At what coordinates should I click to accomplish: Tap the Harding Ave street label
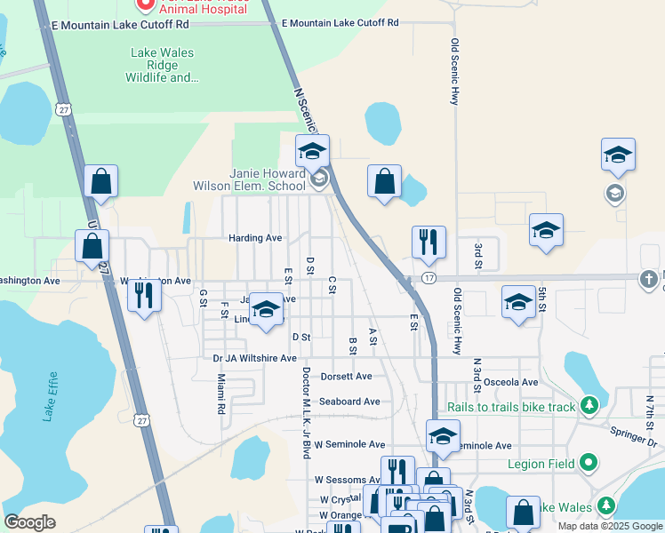click(x=255, y=238)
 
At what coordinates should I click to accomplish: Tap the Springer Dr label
click(x=634, y=435)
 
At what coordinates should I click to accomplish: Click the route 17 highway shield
click(x=429, y=278)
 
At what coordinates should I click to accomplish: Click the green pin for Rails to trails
click(x=588, y=406)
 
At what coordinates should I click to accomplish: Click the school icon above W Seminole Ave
click(x=443, y=435)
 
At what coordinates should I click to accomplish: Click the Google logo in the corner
click(x=30, y=522)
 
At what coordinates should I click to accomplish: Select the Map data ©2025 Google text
click(x=610, y=526)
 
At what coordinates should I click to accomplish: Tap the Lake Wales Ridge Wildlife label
click(x=163, y=65)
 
